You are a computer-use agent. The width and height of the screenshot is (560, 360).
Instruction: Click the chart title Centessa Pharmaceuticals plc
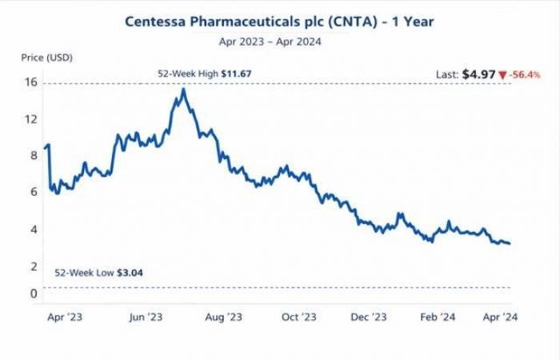[x=279, y=22]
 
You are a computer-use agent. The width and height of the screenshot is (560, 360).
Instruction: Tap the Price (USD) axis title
[x=46, y=58]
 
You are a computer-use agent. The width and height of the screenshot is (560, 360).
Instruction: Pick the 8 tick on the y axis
[x=34, y=155]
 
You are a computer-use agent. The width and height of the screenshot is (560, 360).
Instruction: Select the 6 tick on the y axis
[x=34, y=192]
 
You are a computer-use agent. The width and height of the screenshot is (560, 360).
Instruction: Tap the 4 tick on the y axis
[x=34, y=229]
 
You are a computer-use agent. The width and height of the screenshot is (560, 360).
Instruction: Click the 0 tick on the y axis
[x=34, y=294]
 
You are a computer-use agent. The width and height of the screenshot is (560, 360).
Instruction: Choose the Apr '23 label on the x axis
[x=65, y=318]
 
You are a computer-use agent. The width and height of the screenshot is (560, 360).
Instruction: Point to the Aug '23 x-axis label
[x=223, y=318]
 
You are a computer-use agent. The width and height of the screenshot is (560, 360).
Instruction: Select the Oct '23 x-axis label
[x=298, y=318]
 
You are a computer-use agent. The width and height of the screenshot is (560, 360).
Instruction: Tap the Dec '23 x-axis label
[x=369, y=318]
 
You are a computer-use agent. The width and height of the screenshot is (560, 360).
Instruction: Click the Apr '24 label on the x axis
[x=501, y=318]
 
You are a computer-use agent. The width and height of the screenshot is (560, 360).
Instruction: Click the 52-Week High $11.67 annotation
[x=204, y=74]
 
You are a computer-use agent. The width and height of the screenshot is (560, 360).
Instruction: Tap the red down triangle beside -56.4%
[x=502, y=75]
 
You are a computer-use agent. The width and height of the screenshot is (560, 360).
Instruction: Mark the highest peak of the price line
[x=185, y=89]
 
